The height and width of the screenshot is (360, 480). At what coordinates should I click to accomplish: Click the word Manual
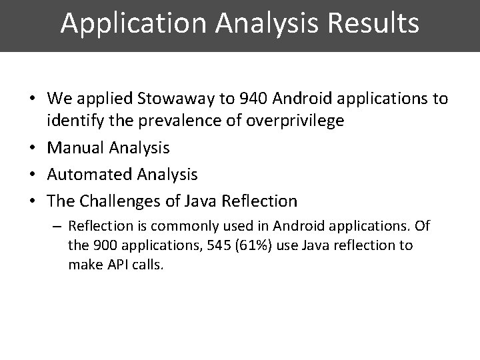coord(73,147)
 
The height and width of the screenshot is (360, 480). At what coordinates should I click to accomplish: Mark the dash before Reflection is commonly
coord(58,227)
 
